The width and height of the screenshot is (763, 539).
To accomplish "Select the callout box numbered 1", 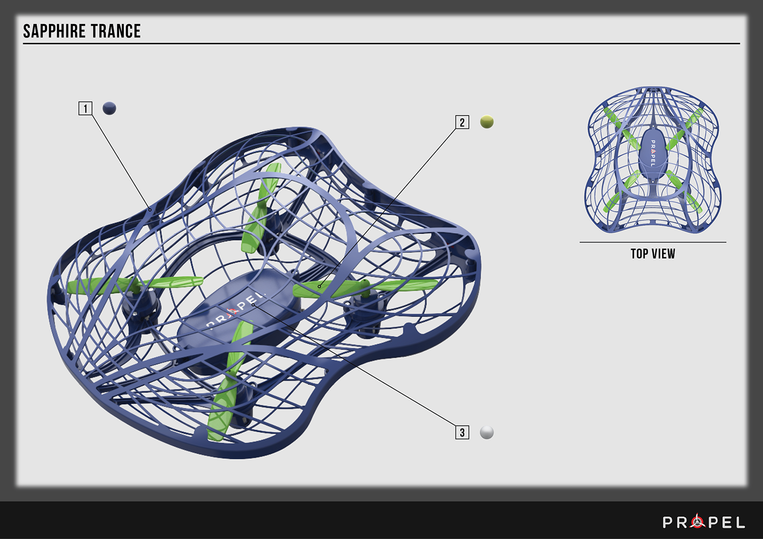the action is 85,108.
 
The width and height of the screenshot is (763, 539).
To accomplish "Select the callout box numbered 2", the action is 462,122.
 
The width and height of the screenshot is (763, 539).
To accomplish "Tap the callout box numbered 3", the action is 462,432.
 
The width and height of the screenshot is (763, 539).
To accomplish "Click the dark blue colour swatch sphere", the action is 110,108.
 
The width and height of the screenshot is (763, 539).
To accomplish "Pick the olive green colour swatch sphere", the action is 487,122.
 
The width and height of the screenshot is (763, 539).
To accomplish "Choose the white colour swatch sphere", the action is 487,432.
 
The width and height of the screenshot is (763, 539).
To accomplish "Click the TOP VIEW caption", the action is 653,254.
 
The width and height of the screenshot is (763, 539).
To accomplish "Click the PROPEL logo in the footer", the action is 704,522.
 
